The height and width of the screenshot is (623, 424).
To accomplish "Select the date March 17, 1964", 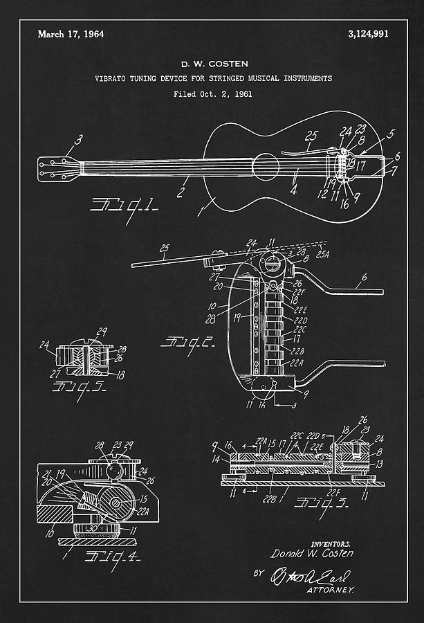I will click(71, 34).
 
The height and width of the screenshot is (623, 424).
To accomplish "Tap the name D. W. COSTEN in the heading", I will click(214, 64).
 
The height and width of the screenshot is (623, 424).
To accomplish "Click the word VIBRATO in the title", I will click(111, 78).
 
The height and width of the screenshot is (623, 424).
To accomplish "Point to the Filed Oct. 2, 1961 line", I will click(213, 93).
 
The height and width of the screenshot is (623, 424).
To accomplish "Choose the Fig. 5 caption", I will click(78, 388).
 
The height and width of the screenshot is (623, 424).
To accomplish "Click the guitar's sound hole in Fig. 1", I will click(266, 167).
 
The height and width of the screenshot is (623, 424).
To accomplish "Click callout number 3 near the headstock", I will click(78, 141).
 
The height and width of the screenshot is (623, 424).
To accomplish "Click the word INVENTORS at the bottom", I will click(331, 544).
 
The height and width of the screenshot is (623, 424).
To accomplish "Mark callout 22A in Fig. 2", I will click(295, 363).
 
